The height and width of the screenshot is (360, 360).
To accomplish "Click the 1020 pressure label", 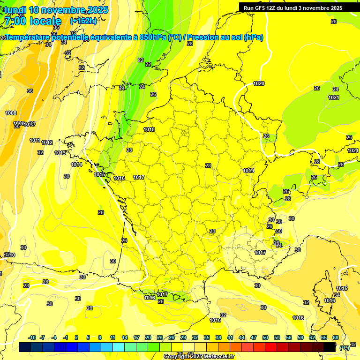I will (259, 83).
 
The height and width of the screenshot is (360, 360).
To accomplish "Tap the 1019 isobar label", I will (248, 171).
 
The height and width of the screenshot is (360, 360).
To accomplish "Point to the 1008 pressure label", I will (11, 113).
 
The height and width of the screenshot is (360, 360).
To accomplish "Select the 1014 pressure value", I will (77, 165).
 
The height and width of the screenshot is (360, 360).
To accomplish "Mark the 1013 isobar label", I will (60, 153).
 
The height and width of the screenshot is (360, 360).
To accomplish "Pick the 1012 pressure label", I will (47, 142).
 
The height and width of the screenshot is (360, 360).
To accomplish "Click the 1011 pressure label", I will (35, 140).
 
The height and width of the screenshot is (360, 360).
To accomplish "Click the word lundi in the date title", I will (15, 10).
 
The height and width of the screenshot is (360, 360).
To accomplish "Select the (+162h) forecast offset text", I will (83, 21).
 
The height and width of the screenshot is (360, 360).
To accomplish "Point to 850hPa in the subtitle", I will (153, 37).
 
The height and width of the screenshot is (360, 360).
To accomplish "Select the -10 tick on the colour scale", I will (32, 337).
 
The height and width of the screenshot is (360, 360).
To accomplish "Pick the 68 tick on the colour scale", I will (336, 337).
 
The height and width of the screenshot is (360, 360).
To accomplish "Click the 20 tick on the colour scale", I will (148, 337).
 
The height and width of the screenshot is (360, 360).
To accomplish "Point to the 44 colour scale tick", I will (242, 337).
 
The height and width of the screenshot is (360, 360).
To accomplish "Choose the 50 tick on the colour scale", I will (265, 337).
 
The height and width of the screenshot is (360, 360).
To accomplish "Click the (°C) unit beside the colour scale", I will (345, 348).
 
